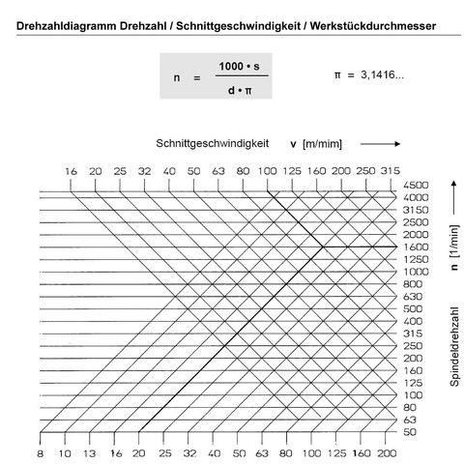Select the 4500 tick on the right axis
417,185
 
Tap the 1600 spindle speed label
417,246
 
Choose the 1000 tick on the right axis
417,272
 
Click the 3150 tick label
417,210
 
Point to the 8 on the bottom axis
41,451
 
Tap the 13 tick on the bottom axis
89,451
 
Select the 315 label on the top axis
391,170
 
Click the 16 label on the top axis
71,170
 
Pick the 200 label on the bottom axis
388,451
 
